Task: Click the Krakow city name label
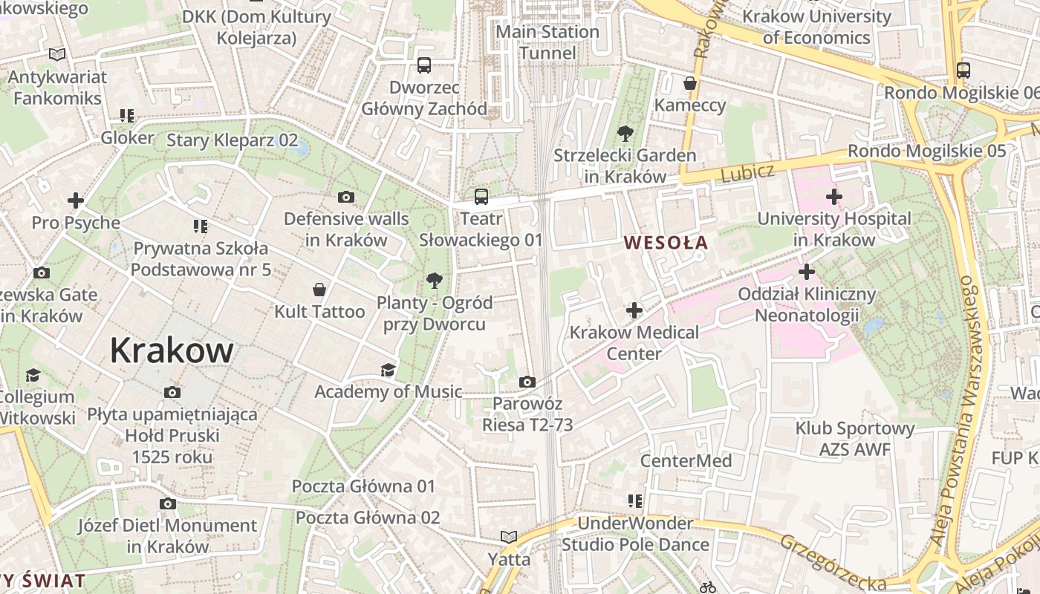click(172, 350)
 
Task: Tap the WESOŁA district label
click(666, 243)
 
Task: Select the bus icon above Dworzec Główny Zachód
click(424, 65)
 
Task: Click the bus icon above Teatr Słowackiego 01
click(481, 197)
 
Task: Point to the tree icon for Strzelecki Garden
click(625, 134)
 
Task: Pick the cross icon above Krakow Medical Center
click(634, 310)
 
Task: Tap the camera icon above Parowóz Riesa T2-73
click(527, 382)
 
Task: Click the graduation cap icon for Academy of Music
click(388, 370)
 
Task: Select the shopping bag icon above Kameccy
click(690, 83)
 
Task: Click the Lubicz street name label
click(747, 172)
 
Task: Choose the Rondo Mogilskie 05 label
click(926, 151)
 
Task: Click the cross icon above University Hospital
click(833, 197)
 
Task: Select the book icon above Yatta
click(509, 536)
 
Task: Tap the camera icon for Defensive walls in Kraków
click(345, 197)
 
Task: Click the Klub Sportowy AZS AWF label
click(854, 439)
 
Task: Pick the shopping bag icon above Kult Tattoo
click(319, 289)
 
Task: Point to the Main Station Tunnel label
click(547, 42)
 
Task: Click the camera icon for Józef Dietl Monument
click(168, 503)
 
